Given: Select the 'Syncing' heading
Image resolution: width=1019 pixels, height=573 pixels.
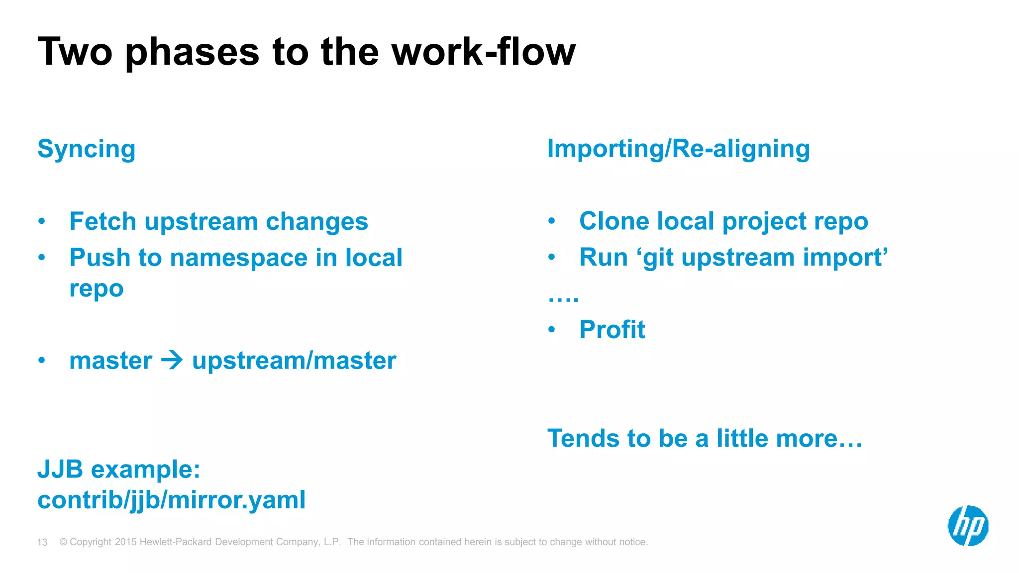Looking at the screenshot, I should pyautogui.click(x=86, y=149).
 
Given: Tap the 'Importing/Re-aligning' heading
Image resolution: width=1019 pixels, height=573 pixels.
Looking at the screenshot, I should pyautogui.click(x=678, y=149).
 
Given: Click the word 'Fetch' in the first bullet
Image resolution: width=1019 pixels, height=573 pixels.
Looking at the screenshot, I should pyautogui.click(x=102, y=221).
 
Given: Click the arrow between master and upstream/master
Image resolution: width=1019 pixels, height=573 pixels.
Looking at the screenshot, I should pyautogui.click(x=172, y=360).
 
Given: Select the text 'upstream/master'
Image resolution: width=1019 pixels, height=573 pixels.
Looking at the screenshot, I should pyautogui.click(x=294, y=361).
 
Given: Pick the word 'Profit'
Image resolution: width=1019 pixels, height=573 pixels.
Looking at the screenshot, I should pyautogui.click(x=612, y=330).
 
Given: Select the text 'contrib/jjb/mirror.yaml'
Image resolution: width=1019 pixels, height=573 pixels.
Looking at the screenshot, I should pyautogui.click(x=171, y=500).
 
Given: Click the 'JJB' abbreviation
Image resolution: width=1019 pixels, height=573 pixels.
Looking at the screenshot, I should pyautogui.click(x=60, y=469).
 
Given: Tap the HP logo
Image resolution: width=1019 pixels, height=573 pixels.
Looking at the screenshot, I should pyautogui.click(x=968, y=526).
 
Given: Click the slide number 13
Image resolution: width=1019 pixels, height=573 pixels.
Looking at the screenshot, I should pyautogui.click(x=42, y=542).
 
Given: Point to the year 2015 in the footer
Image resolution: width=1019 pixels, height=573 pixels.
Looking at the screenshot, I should pyautogui.click(x=125, y=542).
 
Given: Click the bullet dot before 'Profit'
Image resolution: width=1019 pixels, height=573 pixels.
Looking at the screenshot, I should pyautogui.click(x=551, y=329).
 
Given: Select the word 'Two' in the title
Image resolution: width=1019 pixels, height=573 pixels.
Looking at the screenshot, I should pyautogui.click(x=75, y=52).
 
